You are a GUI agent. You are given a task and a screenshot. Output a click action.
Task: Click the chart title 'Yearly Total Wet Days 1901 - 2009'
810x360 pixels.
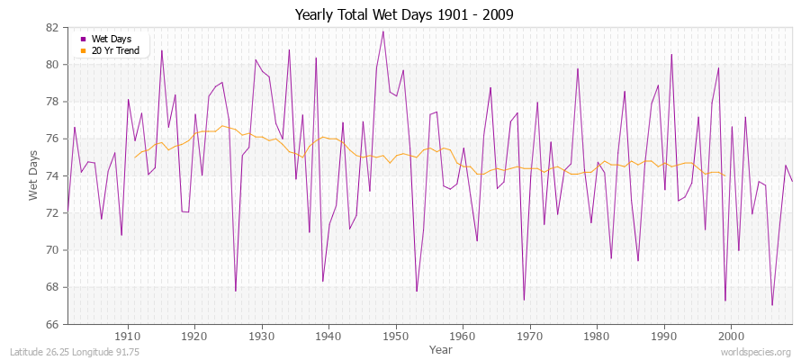coord(404,15)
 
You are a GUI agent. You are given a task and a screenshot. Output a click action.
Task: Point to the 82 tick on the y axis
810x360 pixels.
coord(52,28)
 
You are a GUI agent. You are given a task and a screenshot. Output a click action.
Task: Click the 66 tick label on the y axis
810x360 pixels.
coord(52,324)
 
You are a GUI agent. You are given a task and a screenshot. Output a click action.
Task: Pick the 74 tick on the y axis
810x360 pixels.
coord(52,175)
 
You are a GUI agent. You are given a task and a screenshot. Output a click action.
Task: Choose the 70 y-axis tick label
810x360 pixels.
coord(52,250)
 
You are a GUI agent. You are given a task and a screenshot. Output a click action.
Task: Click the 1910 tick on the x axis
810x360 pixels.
coord(128,336)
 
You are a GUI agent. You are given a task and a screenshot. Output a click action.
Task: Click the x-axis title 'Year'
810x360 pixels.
coord(441,349)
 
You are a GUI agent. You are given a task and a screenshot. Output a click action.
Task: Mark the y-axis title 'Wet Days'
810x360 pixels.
coord(34,175)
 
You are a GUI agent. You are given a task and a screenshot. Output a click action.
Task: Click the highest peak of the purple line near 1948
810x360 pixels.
coord(383,31)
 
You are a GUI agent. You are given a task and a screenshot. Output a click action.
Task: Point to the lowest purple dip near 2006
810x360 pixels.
coord(772,305)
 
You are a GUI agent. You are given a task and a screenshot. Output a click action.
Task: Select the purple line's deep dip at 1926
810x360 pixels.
coord(236,291)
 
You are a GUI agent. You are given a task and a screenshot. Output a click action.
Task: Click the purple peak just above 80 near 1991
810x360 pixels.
coord(671,55)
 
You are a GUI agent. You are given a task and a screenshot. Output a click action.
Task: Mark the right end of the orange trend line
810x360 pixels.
coord(724,175)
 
